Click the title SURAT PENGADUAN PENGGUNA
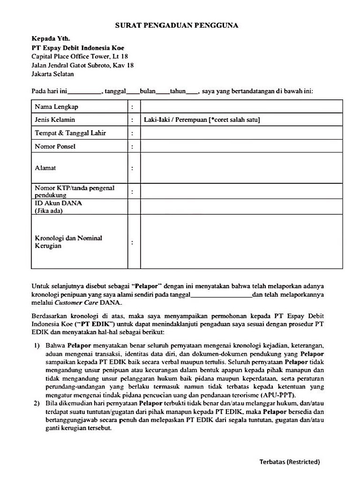pos(177,26)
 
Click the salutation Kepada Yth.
pos(51,39)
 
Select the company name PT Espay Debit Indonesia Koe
pos(78,48)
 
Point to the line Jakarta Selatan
pos(52,74)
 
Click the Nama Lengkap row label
pos(57,107)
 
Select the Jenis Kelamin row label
pos(55,120)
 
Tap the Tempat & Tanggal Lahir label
pos(70,133)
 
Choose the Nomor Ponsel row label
pos(55,147)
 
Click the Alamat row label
pos(45,167)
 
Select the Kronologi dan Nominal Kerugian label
pos(68,242)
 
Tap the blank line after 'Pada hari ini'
pos(84,93)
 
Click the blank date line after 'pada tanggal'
pos(221,296)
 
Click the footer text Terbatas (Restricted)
pos(290,462)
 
